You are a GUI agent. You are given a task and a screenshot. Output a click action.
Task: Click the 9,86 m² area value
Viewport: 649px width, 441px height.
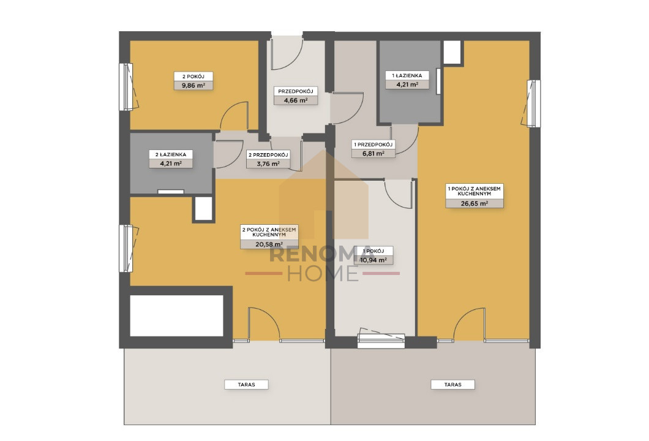(x=193, y=86)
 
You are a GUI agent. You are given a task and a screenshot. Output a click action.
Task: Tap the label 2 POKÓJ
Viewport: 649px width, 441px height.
(x=193, y=77)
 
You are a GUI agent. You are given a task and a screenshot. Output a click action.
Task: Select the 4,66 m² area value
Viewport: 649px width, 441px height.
(x=296, y=100)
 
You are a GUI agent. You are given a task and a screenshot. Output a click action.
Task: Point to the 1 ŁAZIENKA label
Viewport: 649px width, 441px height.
(x=407, y=75)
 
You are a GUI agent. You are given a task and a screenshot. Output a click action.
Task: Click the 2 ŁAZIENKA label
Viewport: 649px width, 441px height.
(x=171, y=154)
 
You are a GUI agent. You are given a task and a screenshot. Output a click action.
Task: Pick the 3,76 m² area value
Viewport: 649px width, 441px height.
(x=268, y=164)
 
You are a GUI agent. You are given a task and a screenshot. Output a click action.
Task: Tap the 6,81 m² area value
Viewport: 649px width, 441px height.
(x=373, y=154)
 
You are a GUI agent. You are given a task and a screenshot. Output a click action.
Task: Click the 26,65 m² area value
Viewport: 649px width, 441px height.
(x=475, y=203)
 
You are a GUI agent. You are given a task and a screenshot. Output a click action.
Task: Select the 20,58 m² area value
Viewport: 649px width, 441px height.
(x=269, y=244)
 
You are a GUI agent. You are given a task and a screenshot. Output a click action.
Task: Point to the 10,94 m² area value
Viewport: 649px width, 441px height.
(x=373, y=260)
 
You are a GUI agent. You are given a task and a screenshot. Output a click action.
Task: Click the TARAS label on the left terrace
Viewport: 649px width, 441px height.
(x=246, y=385)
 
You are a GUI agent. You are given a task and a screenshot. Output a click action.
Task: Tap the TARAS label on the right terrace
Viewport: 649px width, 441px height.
(x=453, y=385)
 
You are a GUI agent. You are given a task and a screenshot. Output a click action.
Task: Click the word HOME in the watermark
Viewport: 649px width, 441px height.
(x=323, y=273)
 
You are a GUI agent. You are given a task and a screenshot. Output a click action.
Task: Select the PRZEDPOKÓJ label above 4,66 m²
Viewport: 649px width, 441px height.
(x=296, y=91)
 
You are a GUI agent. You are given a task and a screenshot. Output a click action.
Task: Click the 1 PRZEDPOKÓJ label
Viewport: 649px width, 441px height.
(x=373, y=145)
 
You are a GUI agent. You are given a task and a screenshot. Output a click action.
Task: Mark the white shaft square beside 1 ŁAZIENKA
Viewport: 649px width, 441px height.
(x=452, y=52)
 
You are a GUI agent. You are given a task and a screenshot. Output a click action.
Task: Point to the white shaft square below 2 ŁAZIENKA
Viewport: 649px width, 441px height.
(x=203, y=209)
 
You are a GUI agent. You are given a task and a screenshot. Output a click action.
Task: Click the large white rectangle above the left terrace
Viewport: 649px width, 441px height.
(x=177, y=315)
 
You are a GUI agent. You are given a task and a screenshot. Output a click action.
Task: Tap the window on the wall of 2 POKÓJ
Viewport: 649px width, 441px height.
(x=126, y=87)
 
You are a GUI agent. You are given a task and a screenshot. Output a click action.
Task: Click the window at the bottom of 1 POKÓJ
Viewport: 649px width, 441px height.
(x=381, y=341)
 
